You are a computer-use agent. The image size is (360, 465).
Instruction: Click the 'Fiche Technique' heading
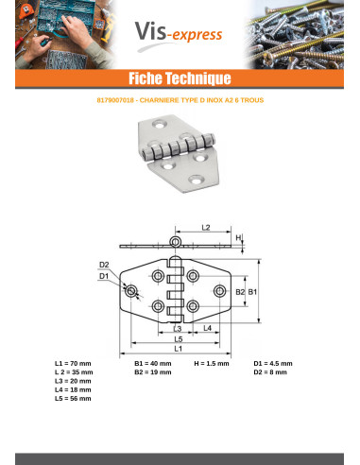click(x=180, y=77)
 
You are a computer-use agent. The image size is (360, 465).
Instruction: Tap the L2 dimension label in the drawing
click(x=206, y=228)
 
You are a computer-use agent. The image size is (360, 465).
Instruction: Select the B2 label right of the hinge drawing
click(x=240, y=293)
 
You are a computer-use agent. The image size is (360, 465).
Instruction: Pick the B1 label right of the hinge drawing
click(x=252, y=293)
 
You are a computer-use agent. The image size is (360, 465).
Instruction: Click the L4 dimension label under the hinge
click(x=206, y=328)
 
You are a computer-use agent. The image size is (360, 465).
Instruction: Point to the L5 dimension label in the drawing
click(x=179, y=338)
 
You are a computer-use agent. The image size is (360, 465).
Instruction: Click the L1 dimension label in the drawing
click(x=179, y=350)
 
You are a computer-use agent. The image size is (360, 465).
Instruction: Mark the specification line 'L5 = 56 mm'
click(x=73, y=399)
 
